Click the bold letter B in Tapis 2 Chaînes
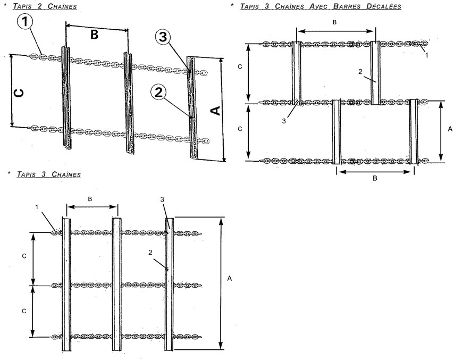(x=94, y=35)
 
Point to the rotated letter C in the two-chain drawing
(x=18, y=93)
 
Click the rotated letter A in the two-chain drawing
(x=215, y=111)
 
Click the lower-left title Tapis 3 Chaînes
(x=49, y=174)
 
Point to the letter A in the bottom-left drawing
(x=229, y=278)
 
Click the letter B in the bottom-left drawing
(x=90, y=198)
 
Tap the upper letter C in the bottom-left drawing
(x=24, y=256)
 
